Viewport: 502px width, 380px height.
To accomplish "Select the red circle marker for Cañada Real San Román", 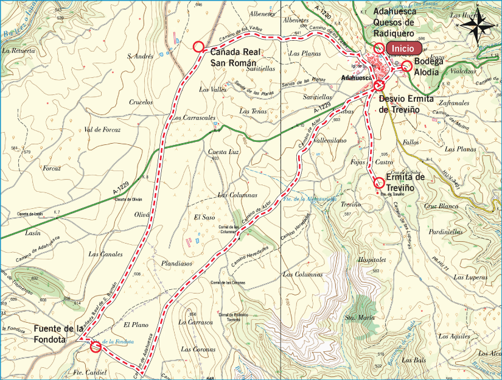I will click(198, 47).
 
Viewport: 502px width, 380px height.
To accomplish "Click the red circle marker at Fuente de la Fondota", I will click(96, 347).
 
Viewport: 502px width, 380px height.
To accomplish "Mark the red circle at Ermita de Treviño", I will click(378, 182).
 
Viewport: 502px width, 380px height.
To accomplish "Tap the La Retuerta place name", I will click(19, 51).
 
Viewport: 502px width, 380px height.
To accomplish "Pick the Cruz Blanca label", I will click(441, 206).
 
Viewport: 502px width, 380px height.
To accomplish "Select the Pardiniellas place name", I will click(445, 232).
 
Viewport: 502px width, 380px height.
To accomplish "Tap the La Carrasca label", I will click(194, 322).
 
